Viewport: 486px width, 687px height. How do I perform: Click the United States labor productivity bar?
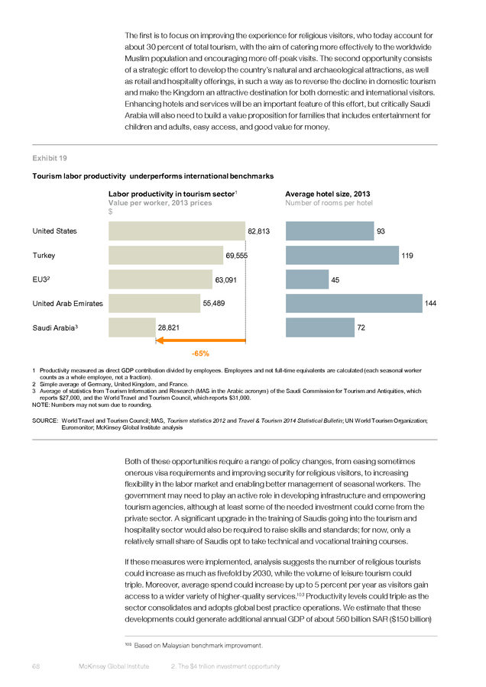pos(177,231)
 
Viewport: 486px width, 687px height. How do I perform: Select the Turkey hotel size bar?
pos(342,255)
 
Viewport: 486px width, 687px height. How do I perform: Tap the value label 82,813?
pos(259,231)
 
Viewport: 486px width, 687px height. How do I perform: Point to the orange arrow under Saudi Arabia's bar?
pos(200,340)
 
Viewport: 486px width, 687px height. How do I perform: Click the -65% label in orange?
pos(200,353)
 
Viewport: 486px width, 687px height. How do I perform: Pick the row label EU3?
pos(40,279)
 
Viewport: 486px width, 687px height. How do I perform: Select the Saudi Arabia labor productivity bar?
pos(132,327)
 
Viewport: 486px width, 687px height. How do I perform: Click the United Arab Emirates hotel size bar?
pos(354,303)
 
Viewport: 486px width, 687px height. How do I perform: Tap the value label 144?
pos(430,303)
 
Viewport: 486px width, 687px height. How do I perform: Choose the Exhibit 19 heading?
pos(50,158)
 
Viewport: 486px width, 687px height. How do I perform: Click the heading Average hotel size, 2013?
pos(328,194)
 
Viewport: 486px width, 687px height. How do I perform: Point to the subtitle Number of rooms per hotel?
pos(329,203)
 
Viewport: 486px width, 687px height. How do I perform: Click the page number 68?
pos(36,666)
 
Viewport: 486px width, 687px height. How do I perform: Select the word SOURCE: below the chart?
pos(45,421)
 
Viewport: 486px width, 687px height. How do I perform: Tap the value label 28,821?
pos(168,327)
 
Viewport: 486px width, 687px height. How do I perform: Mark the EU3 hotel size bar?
pos(307,279)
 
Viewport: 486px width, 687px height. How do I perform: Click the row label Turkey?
pos(44,256)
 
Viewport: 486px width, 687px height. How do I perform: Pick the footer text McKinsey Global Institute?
pos(114,666)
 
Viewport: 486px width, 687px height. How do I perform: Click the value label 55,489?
pos(214,303)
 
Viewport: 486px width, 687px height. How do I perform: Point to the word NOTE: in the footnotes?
pos(40,405)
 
